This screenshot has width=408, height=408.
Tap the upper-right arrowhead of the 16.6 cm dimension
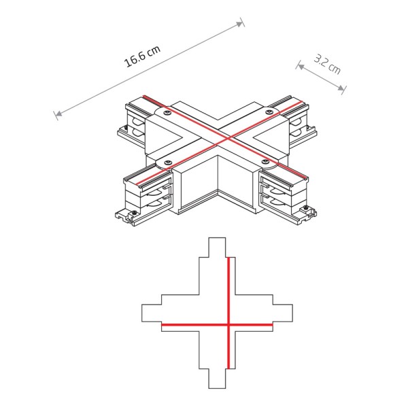point(241,23)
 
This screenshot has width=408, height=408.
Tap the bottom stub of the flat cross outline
point(217,381)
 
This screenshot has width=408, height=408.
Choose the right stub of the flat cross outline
point(284,313)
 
